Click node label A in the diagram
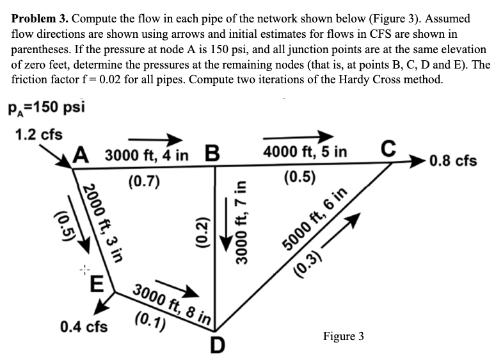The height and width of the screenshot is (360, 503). click(x=81, y=156)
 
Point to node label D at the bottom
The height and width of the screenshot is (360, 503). click(x=218, y=345)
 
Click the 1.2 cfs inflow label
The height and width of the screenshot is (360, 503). click(x=38, y=135)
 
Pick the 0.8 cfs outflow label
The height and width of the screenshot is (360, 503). click(x=453, y=160)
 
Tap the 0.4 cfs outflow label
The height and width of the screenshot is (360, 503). click(x=84, y=327)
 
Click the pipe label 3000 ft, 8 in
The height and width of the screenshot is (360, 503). click(x=173, y=299)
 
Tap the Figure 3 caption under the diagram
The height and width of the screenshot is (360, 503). click(x=344, y=336)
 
